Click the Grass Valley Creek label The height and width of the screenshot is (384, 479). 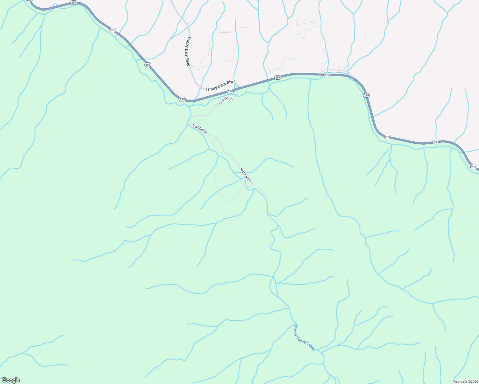(304, 338)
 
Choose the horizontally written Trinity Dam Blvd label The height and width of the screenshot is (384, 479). (220, 85)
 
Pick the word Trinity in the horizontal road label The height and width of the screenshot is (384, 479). (211, 88)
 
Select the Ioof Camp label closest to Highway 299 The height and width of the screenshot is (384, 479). (226, 100)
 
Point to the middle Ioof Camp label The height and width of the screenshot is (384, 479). (200, 129)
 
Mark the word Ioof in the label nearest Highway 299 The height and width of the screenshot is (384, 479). (222, 102)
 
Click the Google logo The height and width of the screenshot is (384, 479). (11, 380)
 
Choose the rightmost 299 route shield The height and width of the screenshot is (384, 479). (474, 167)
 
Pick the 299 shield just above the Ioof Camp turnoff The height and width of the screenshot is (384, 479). (230, 92)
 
